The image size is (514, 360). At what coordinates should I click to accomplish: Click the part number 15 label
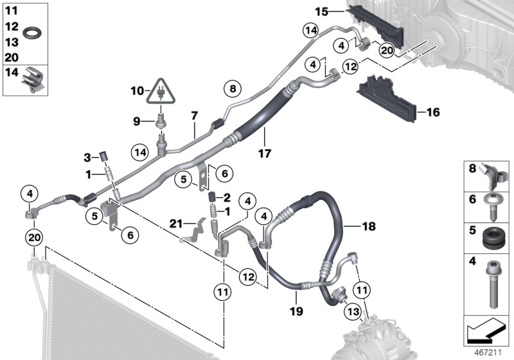(x=321, y=11)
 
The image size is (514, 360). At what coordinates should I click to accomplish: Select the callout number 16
(x=433, y=113)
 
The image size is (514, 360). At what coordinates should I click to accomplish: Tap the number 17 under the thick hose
(x=265, y=154)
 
